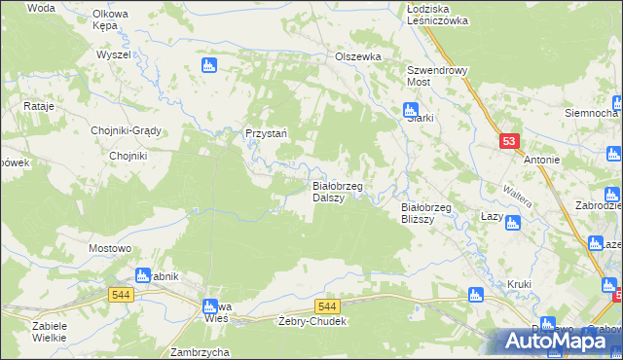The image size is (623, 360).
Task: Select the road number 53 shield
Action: click(x=509, y=141)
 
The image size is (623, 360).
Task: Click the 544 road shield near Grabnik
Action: click(x=121, y=294)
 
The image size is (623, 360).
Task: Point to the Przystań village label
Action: click(x=264, y=134)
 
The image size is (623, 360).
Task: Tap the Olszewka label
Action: click(x=358, y=57)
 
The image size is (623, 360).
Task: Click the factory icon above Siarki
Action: click(x=411, y=110)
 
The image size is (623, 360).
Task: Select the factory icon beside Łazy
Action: click(x=513, y=223)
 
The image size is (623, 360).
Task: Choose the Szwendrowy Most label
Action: click(x=438, y=77)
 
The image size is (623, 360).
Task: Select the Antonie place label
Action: click(x=542, y=160)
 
